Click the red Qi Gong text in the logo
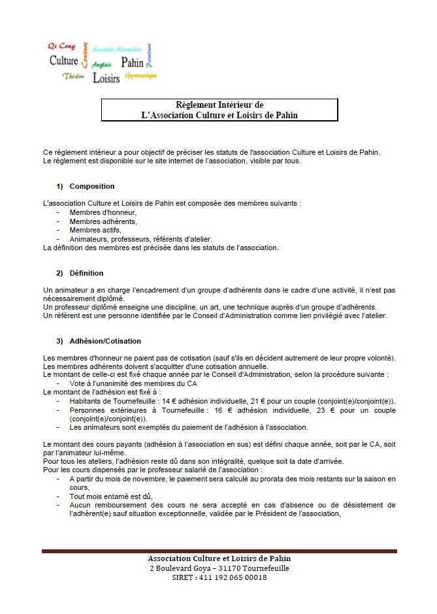pyautogui.click(x=61, y=46)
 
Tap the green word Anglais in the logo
pyautogui.click(x=101, y=65)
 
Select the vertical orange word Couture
pyautogui.click(x=86, y=55)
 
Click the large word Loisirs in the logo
pyautogui.click(x=106, y=78)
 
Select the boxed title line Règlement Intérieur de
pyautogui.click(x=219, y=105)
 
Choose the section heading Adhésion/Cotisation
pyautogui.click(x=105, y=341)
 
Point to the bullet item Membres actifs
pyautogui.click(x=95, y=230)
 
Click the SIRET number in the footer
pyautogui.click(x=219, y=577)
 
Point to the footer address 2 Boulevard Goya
pyautogui.click(x=219, y=568)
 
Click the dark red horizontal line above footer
pyautogui.click(x=219, y=551)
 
